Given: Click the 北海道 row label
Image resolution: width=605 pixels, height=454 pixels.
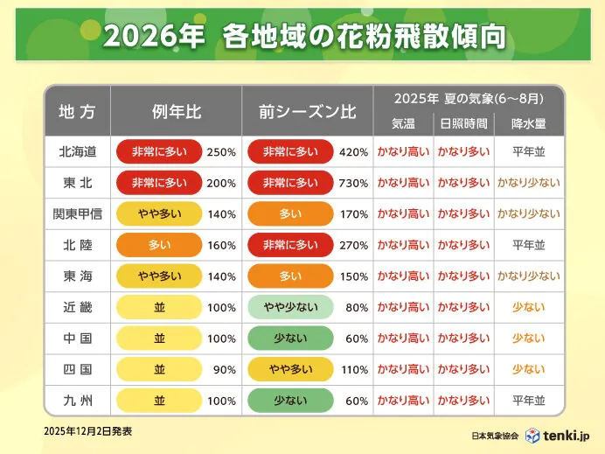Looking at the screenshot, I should point(77,152).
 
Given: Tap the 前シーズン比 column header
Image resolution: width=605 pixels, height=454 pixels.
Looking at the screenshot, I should point(307,111).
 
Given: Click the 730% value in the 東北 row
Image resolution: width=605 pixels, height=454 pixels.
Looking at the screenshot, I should point(354,184).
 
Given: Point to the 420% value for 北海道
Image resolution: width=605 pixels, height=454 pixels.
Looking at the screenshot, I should point(354,152).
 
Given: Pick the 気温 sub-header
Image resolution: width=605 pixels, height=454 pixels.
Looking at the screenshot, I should point(403,123).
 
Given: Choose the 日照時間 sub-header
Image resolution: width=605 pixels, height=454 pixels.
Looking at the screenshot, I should point(463,123).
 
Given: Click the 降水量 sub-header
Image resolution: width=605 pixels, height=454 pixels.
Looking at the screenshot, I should point(528,123).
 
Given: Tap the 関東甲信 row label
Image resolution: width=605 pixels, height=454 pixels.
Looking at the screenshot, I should point(77,214).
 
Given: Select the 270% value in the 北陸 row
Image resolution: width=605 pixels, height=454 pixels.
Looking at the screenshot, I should point(354,246).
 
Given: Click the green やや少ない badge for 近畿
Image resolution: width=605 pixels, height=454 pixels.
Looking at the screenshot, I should point(290,308).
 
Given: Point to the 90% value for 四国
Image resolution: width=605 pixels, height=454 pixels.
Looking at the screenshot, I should point(225,370).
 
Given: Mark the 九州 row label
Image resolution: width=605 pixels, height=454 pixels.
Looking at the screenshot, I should point(77,401).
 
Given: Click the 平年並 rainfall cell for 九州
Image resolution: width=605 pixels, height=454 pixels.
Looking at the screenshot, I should point(528,401).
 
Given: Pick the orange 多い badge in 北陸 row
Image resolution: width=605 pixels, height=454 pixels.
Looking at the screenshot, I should point(159,246).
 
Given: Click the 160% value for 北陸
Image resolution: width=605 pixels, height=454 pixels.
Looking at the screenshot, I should point(222,246).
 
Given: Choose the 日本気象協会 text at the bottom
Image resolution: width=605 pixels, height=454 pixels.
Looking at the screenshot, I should point(495,436).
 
